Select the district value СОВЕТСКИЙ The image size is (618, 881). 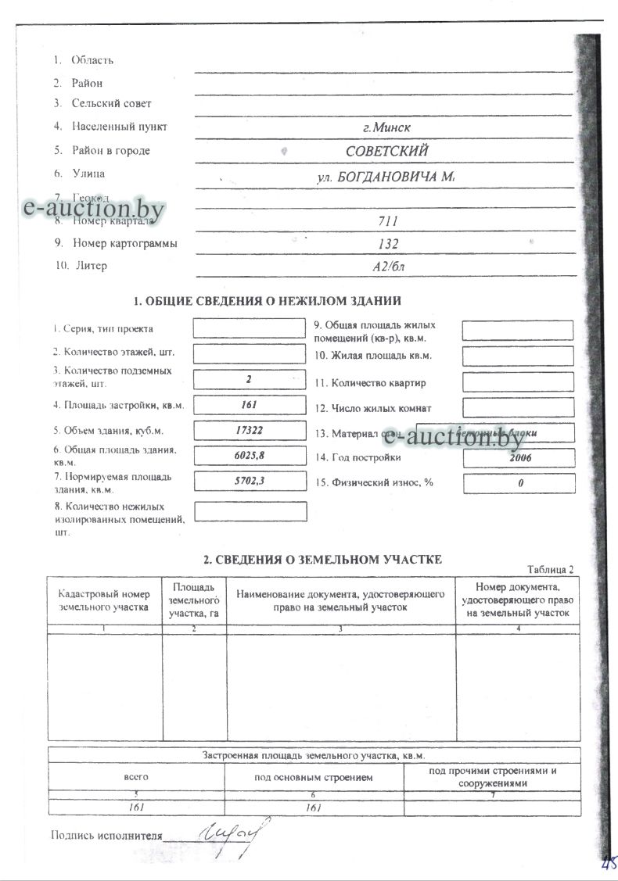point(386,151)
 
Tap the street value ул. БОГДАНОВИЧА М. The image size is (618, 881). point(386,177)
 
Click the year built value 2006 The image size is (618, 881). point(519,458)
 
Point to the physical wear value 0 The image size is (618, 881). point(519,484)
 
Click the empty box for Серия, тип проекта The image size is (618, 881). point(248,328)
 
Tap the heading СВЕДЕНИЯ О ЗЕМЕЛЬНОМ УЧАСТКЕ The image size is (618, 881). point(323,559)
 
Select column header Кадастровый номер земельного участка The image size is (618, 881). point(104,600)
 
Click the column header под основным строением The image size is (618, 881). point(314,777)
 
